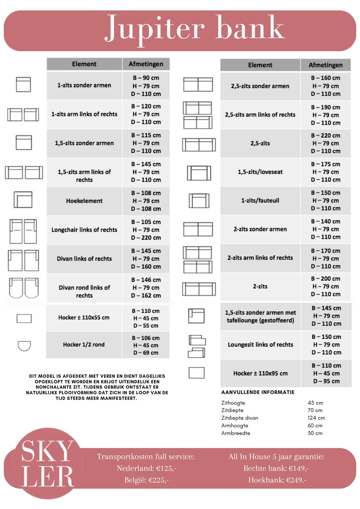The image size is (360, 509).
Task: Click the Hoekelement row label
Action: tap(84, 201)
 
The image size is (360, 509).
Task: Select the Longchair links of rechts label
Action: tap(84, 230)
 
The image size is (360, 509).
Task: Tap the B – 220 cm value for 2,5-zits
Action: tap(326, 136)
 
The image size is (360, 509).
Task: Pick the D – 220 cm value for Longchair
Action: tap(146, 238)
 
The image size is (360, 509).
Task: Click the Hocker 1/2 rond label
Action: tap(84, 344)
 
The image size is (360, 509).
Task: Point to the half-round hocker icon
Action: tap(24, 345)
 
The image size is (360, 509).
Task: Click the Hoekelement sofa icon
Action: tap(23, 200)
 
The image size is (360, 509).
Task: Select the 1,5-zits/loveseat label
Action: tap(260, 172)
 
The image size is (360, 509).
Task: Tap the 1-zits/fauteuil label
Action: tap(260, 201)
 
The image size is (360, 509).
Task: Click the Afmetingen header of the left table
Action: tap(146, 64)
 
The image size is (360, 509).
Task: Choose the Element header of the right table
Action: tap(260, 65)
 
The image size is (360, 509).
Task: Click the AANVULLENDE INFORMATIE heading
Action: tap(258, 392)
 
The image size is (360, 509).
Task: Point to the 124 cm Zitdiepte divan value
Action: tap(316, 418)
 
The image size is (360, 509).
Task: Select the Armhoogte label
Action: tap(235, 425)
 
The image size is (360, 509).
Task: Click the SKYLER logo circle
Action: tap(47, 463)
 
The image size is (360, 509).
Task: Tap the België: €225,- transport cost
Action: tap(146, 480)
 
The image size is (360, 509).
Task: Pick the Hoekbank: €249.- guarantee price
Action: tap(277, 480)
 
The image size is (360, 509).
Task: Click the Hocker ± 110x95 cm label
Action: tap(260, 373)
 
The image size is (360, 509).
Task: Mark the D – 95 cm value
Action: tap(326, 381)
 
